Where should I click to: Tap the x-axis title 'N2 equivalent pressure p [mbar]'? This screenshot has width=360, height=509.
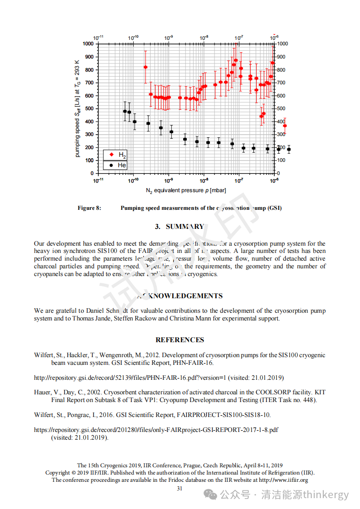[186, 190]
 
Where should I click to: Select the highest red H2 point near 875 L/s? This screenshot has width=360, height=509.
[236, 60]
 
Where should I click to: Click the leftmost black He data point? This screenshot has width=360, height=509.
[125, 111]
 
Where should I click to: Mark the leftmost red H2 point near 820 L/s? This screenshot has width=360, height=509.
[146, 67]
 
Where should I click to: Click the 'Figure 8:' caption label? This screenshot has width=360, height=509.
[89, 208]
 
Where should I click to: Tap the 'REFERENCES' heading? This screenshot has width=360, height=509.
[180, 340]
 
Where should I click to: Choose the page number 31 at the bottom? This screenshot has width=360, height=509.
[180, 488]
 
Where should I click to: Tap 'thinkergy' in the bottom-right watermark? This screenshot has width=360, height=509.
[326, 495]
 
